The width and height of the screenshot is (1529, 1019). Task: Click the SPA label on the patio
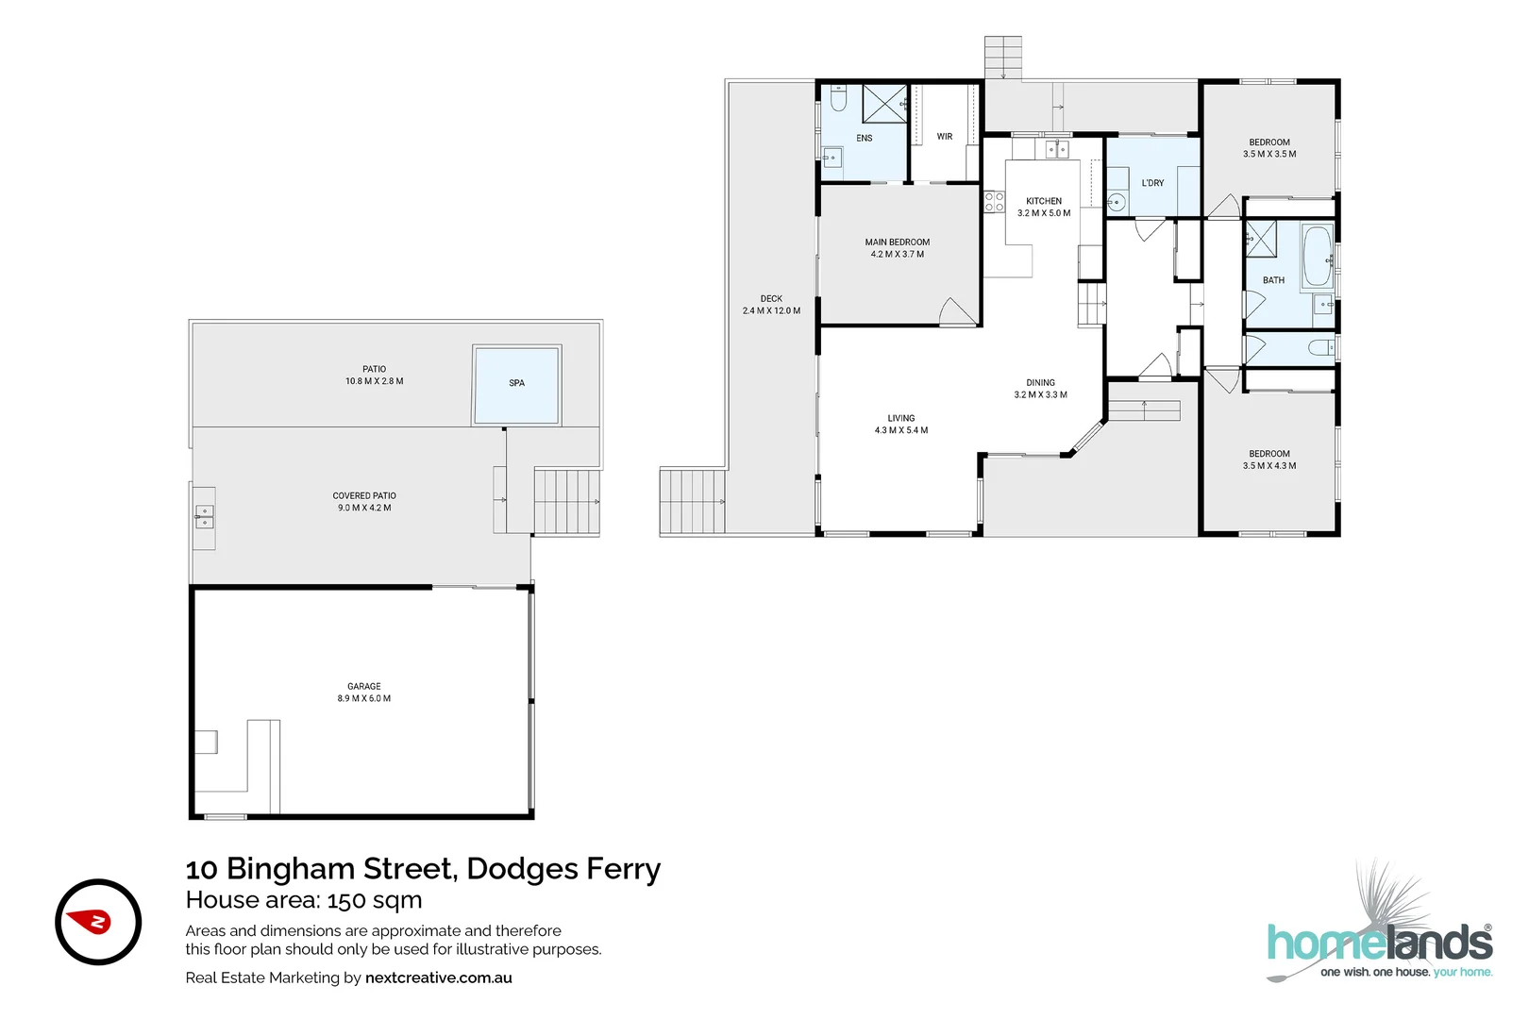point(516,383)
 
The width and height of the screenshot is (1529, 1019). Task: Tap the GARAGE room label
point(363,687)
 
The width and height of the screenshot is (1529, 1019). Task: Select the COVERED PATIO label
point(364,495)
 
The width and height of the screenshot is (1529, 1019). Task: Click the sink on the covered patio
point(204,516)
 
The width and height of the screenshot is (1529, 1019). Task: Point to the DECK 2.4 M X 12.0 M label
point(771,305)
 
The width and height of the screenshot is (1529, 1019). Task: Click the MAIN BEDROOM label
point(897,242)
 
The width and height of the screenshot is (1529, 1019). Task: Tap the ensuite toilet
point(838,98)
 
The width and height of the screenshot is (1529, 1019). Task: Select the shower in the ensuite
point(884,103)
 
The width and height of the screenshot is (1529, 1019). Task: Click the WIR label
point(944,137)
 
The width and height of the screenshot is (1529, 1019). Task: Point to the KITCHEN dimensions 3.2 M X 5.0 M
point(1044,213)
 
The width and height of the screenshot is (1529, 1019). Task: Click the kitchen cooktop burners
point(994,201)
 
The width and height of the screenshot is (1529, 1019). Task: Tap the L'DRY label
point(1152,183)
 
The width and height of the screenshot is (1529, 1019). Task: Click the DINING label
point(1040,383)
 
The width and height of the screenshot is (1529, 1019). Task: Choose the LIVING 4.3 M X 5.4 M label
point(900,424)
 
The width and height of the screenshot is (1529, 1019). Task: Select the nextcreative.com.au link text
point(438,977)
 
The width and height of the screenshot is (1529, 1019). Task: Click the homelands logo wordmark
point(1379,944)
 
